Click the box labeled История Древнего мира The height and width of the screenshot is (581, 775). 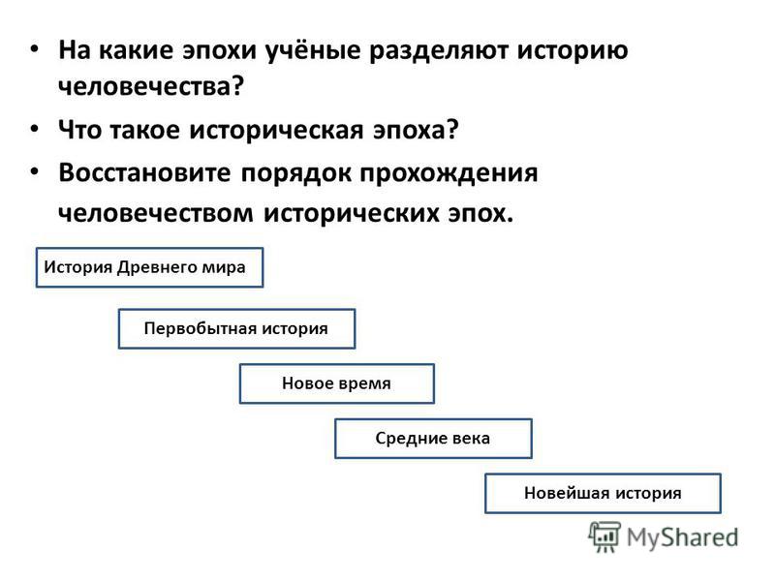tap(149, 267)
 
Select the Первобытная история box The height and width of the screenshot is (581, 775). tap(236, 328)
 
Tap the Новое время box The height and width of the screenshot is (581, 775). tap(336, 383)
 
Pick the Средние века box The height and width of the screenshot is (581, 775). tap(433, 439)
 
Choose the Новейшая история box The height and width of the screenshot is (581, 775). tap(603, 493)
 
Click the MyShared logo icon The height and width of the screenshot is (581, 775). tap(604, 536)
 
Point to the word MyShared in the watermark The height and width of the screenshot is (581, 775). tap(683, 537)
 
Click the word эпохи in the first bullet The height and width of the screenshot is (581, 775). tap(220, 51)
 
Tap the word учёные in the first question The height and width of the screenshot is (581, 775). tap(313, 50)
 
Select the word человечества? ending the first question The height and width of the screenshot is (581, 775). tap(151, 86)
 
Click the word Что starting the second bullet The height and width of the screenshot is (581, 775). tap(80, 130)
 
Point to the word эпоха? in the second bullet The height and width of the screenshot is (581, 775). tap(416, 131)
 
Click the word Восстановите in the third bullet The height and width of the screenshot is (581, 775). tap(144, 173)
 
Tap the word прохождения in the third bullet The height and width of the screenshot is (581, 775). tap(449, 174)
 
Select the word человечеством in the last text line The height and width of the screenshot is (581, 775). tap(156, 213)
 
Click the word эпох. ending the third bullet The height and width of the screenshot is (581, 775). tap(480, 214)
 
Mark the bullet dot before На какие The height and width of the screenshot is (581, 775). tap(34, 48)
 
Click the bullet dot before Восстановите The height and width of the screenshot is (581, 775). tap(34, 171)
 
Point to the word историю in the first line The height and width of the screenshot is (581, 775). tap(573, 51)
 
